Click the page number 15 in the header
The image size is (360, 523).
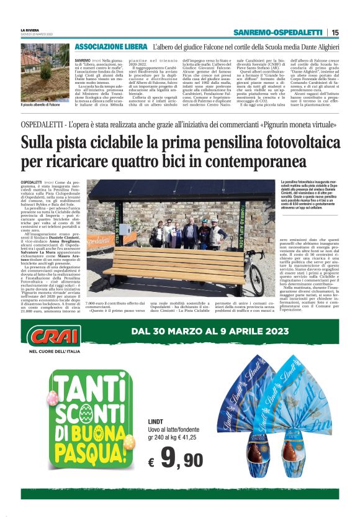coord(335,32)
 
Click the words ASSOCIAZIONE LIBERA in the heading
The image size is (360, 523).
coord(110,47)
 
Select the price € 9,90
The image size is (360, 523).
coord(177,460)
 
